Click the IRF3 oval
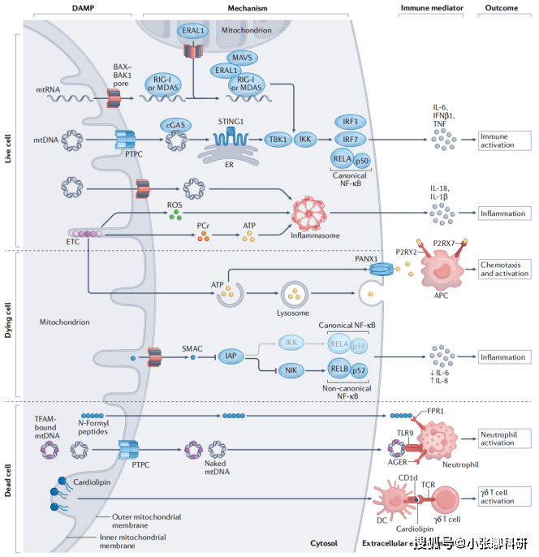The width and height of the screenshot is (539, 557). (x=351, y=121)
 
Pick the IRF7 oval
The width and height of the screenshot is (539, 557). (x=351, y=140)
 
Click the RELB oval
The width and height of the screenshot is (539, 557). (x=339, y=370)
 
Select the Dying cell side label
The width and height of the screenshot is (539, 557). (x=9, y=325)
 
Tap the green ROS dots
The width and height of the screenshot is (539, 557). (x=174, y=215)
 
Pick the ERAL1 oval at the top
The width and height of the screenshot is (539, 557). (x=192, y=30)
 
